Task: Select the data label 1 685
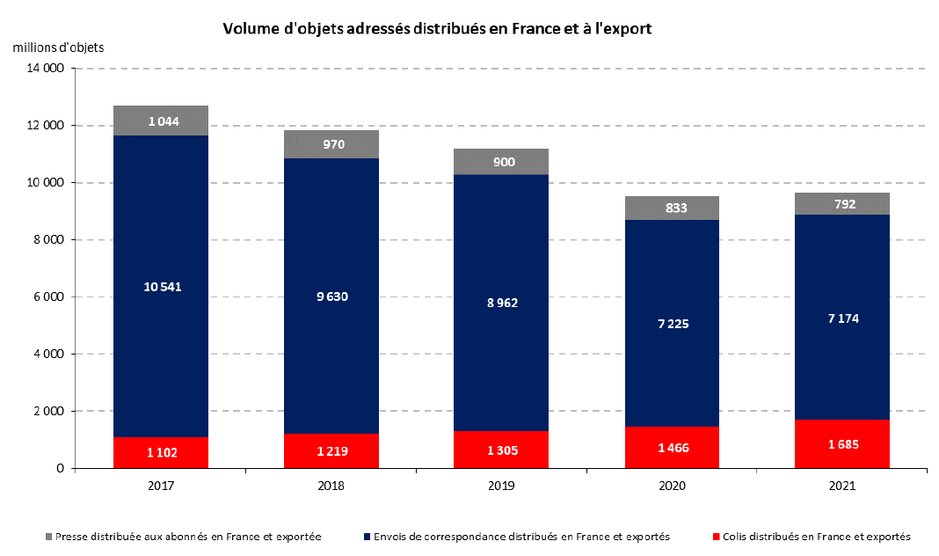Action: [841, 443]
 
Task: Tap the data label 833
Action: [676, 208]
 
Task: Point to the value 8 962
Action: [501, 303]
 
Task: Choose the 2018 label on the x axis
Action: [331, 486]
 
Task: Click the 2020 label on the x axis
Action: [672, 486]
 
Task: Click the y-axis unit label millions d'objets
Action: [58, 47]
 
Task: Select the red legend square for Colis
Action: [717, 536]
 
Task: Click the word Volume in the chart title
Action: [250, 28]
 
